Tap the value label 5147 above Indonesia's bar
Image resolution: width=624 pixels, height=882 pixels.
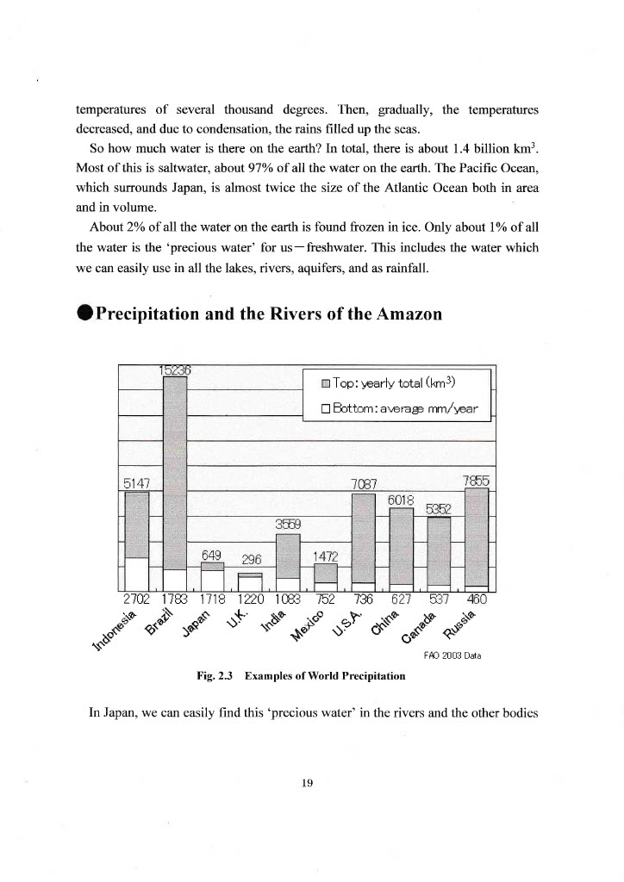[x=138, y=484]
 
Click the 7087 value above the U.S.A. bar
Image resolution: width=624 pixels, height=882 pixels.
[x=366, y=484]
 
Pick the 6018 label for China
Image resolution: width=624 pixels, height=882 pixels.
[x=402, y=500]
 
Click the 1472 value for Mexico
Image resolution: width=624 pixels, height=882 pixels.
[x=326, y=556]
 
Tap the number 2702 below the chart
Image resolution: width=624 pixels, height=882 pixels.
[x=137, y=599]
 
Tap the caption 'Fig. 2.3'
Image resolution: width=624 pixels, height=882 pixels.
[x=215, y=676]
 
